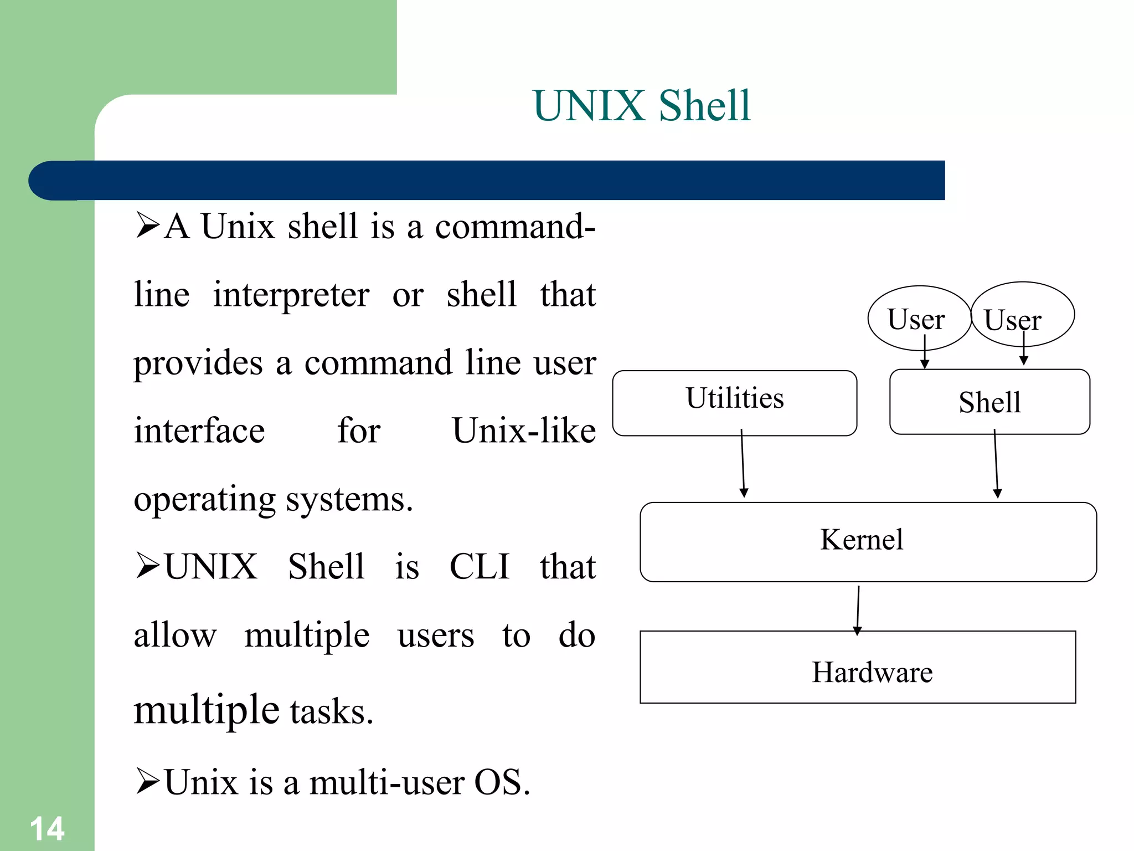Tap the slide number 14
[47, 829]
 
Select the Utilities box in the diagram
[735, 403]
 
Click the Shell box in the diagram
[989, 402]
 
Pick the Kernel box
[868, 541]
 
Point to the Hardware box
[858, 667]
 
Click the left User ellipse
[919, 318]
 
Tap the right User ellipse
[1022, 314]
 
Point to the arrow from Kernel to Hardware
[858, 609]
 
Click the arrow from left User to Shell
[925, 352]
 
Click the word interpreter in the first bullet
[291, 295]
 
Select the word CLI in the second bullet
[479, 567]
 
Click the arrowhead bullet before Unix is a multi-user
[147, 781]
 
